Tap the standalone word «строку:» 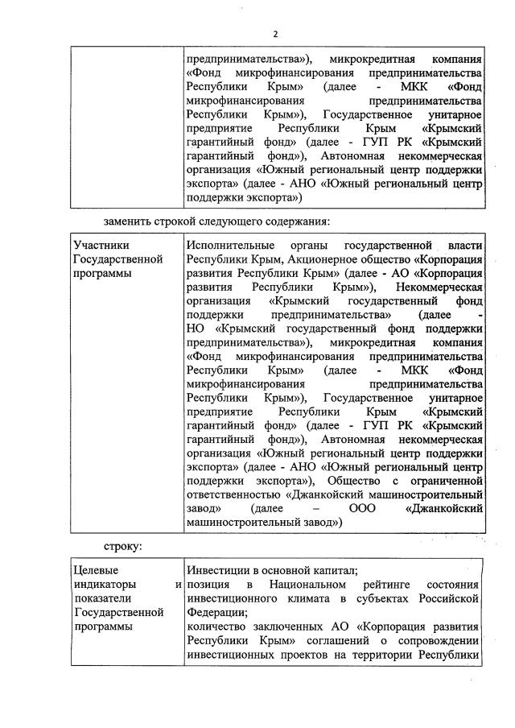pos(126,547)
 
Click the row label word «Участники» pos(101,245)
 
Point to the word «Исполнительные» pos(229,245)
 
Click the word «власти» pos(464,245)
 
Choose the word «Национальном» pos(308,584)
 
